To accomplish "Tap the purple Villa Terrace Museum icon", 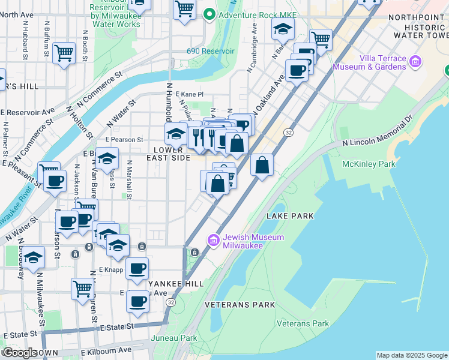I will click(x=415, y=61).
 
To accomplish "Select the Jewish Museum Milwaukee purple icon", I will click(x=213, y=241).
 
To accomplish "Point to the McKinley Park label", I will click(x=368, y=164).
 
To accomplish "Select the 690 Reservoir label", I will click(x=210, y=52).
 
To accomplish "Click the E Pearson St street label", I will click(x=124, y=140).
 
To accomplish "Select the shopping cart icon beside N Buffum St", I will click(x=64, y=53).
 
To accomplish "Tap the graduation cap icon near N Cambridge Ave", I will click(x=282, y=29).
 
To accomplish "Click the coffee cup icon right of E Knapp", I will click(x=137, y=267).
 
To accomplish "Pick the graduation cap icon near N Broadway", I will click(x=34, y=257).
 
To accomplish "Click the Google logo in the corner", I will click(x=19, y=353).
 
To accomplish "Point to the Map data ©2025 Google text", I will click(x=412, y=355).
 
